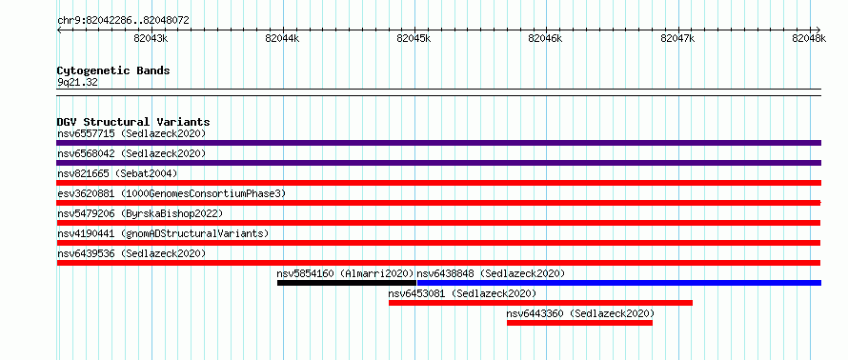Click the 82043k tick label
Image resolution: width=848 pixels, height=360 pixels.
pos(151,38)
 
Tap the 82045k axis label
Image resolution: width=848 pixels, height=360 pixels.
pos(414,38)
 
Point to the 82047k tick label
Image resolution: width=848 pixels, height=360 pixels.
pos(678,38)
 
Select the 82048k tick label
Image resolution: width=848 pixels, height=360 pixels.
pos(809,38)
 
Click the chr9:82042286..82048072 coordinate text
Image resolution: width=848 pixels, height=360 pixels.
pos(123,21)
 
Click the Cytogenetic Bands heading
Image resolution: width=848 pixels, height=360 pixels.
pos(113,70)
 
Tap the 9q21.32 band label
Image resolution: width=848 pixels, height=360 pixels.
pos(77,82)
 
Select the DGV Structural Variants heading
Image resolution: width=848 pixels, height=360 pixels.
pos(133,122)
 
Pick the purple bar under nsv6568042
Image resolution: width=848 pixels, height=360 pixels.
pos(438,163)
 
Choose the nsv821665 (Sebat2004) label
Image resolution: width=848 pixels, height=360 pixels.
pos(117,173)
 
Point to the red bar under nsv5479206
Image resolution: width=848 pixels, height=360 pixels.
pos(438,223)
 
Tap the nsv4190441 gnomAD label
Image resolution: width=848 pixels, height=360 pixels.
pos(163,233)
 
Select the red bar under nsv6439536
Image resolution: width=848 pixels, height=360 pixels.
pos(438,263)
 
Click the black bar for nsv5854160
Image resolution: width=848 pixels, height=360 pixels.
pos(347,283)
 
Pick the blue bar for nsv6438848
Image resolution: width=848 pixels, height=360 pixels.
pos(619,283)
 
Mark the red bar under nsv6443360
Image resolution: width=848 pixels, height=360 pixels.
pos(579,323)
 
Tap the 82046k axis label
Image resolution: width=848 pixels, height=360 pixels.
pos(545,38)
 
